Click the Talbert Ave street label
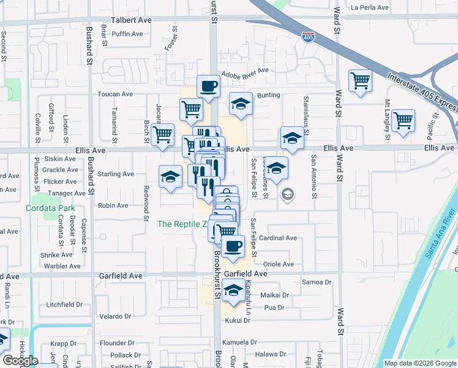(x=131, y=20)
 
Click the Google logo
(x=20, y=361)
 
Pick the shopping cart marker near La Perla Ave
(x=360, y=81)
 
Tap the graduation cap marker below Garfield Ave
(x=233, y=290)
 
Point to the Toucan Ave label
(x=116, y=94)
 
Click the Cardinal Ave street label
(x=278, y=238)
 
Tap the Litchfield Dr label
(x=64, y=304)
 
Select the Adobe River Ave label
(x=245, y=71)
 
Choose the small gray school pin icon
(x=287, y=194)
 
